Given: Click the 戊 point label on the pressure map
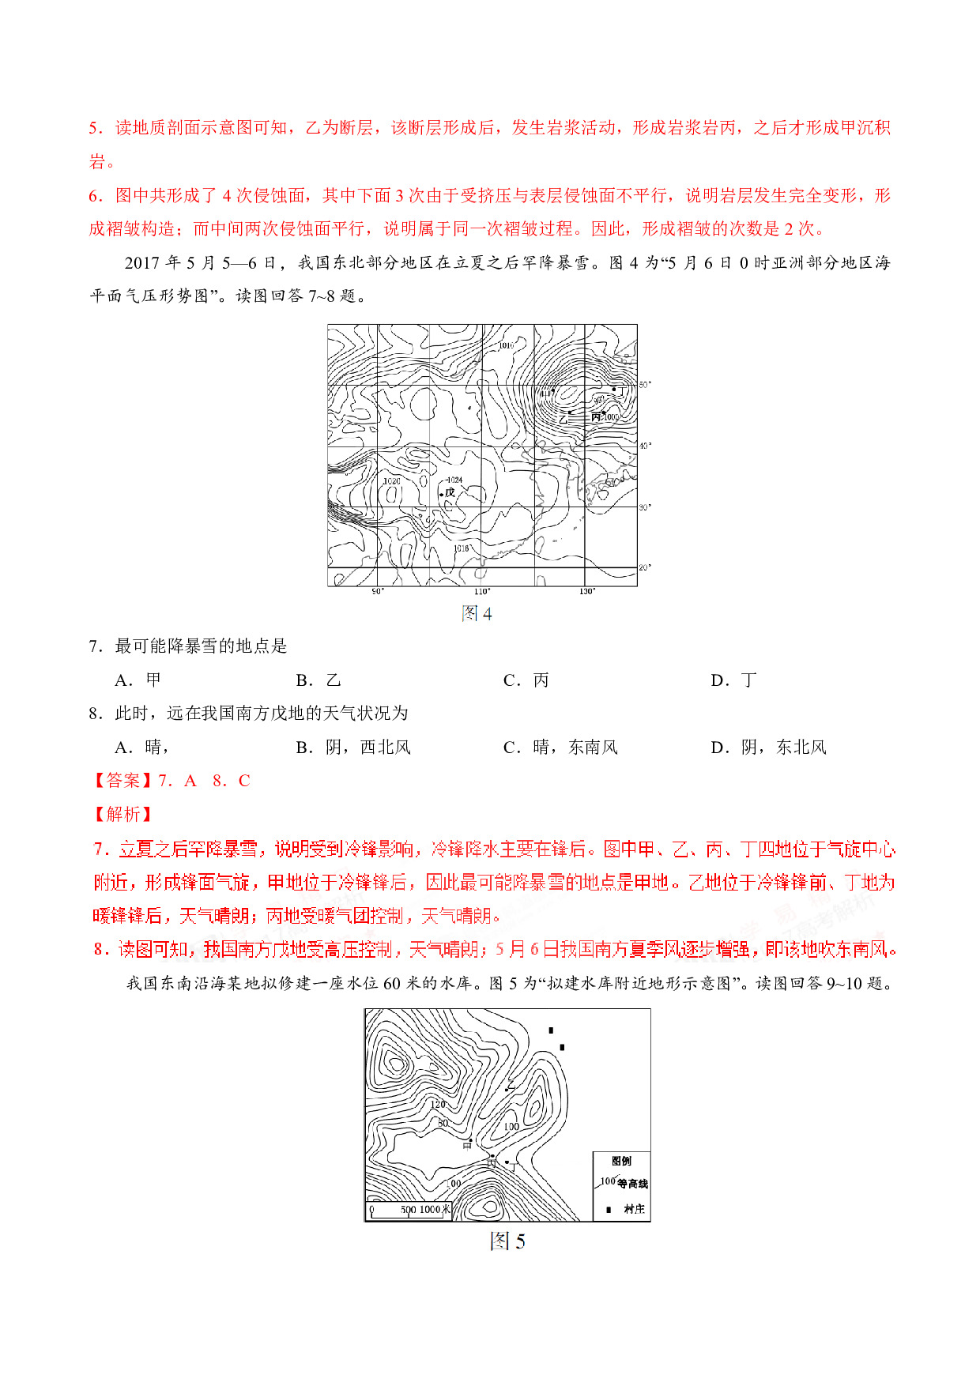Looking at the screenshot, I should [450, 492].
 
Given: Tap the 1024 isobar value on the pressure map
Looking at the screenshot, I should [454, 480].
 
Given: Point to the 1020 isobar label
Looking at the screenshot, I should [391, 480].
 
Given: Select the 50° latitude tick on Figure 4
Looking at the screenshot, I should [645, 385].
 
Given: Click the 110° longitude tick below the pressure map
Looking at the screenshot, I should [481, 592].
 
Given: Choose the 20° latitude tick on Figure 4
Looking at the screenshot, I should [645, 567].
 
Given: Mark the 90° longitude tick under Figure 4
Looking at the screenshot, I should [378, 592].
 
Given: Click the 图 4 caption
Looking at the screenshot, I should [477, 614].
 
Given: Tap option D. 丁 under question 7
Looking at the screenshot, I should [733, 680].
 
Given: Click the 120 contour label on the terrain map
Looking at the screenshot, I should [438, 1104].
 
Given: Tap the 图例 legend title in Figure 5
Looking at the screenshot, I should [621, 1161].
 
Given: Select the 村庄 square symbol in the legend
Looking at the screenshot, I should [608, 1210].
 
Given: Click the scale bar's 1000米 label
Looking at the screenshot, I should [435, 1210].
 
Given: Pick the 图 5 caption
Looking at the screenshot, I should [507, 1241].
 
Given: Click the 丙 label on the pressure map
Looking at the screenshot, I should [596, 416].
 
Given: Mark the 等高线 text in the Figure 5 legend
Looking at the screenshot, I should [632, 1184].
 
